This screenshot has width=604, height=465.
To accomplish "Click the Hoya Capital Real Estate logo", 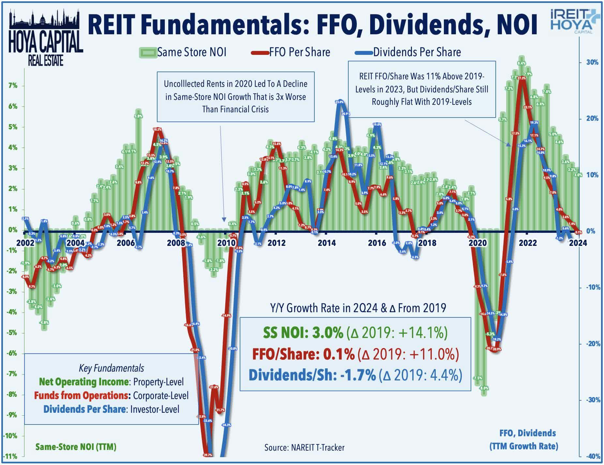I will pyautogui.click(x=45, y=38).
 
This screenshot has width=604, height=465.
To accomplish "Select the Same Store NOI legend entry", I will pyautogui.click(x=183, y=52).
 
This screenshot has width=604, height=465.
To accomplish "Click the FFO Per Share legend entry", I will pyautogui.click(x=291, y=52).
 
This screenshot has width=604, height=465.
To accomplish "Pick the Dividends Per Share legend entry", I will pyautogui.click(x=408, y=52).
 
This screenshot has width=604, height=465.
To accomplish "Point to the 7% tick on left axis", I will pyautogui.click(x=12, y=86).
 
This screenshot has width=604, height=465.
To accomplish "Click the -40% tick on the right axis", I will pyautogui.click(x=592, y=457).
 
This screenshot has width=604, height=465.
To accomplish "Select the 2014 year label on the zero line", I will pyautogui.click(x=327, y=243).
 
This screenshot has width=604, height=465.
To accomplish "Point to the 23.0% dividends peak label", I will pyautogui.click(x=339, y=102).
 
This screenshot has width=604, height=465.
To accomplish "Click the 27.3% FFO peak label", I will pyautogui.click(x=521, y=78).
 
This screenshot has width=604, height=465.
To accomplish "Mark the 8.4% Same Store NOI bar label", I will pyautogui.click(x=521, y=63).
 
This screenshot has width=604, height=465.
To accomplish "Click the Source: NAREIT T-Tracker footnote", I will pyautogui.click(x=304, y=448).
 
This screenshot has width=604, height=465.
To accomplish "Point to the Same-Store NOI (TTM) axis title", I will pyautogui.click(x=76, y=447).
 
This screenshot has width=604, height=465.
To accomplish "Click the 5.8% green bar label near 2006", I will pyautogui.click(x=138, y=116).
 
